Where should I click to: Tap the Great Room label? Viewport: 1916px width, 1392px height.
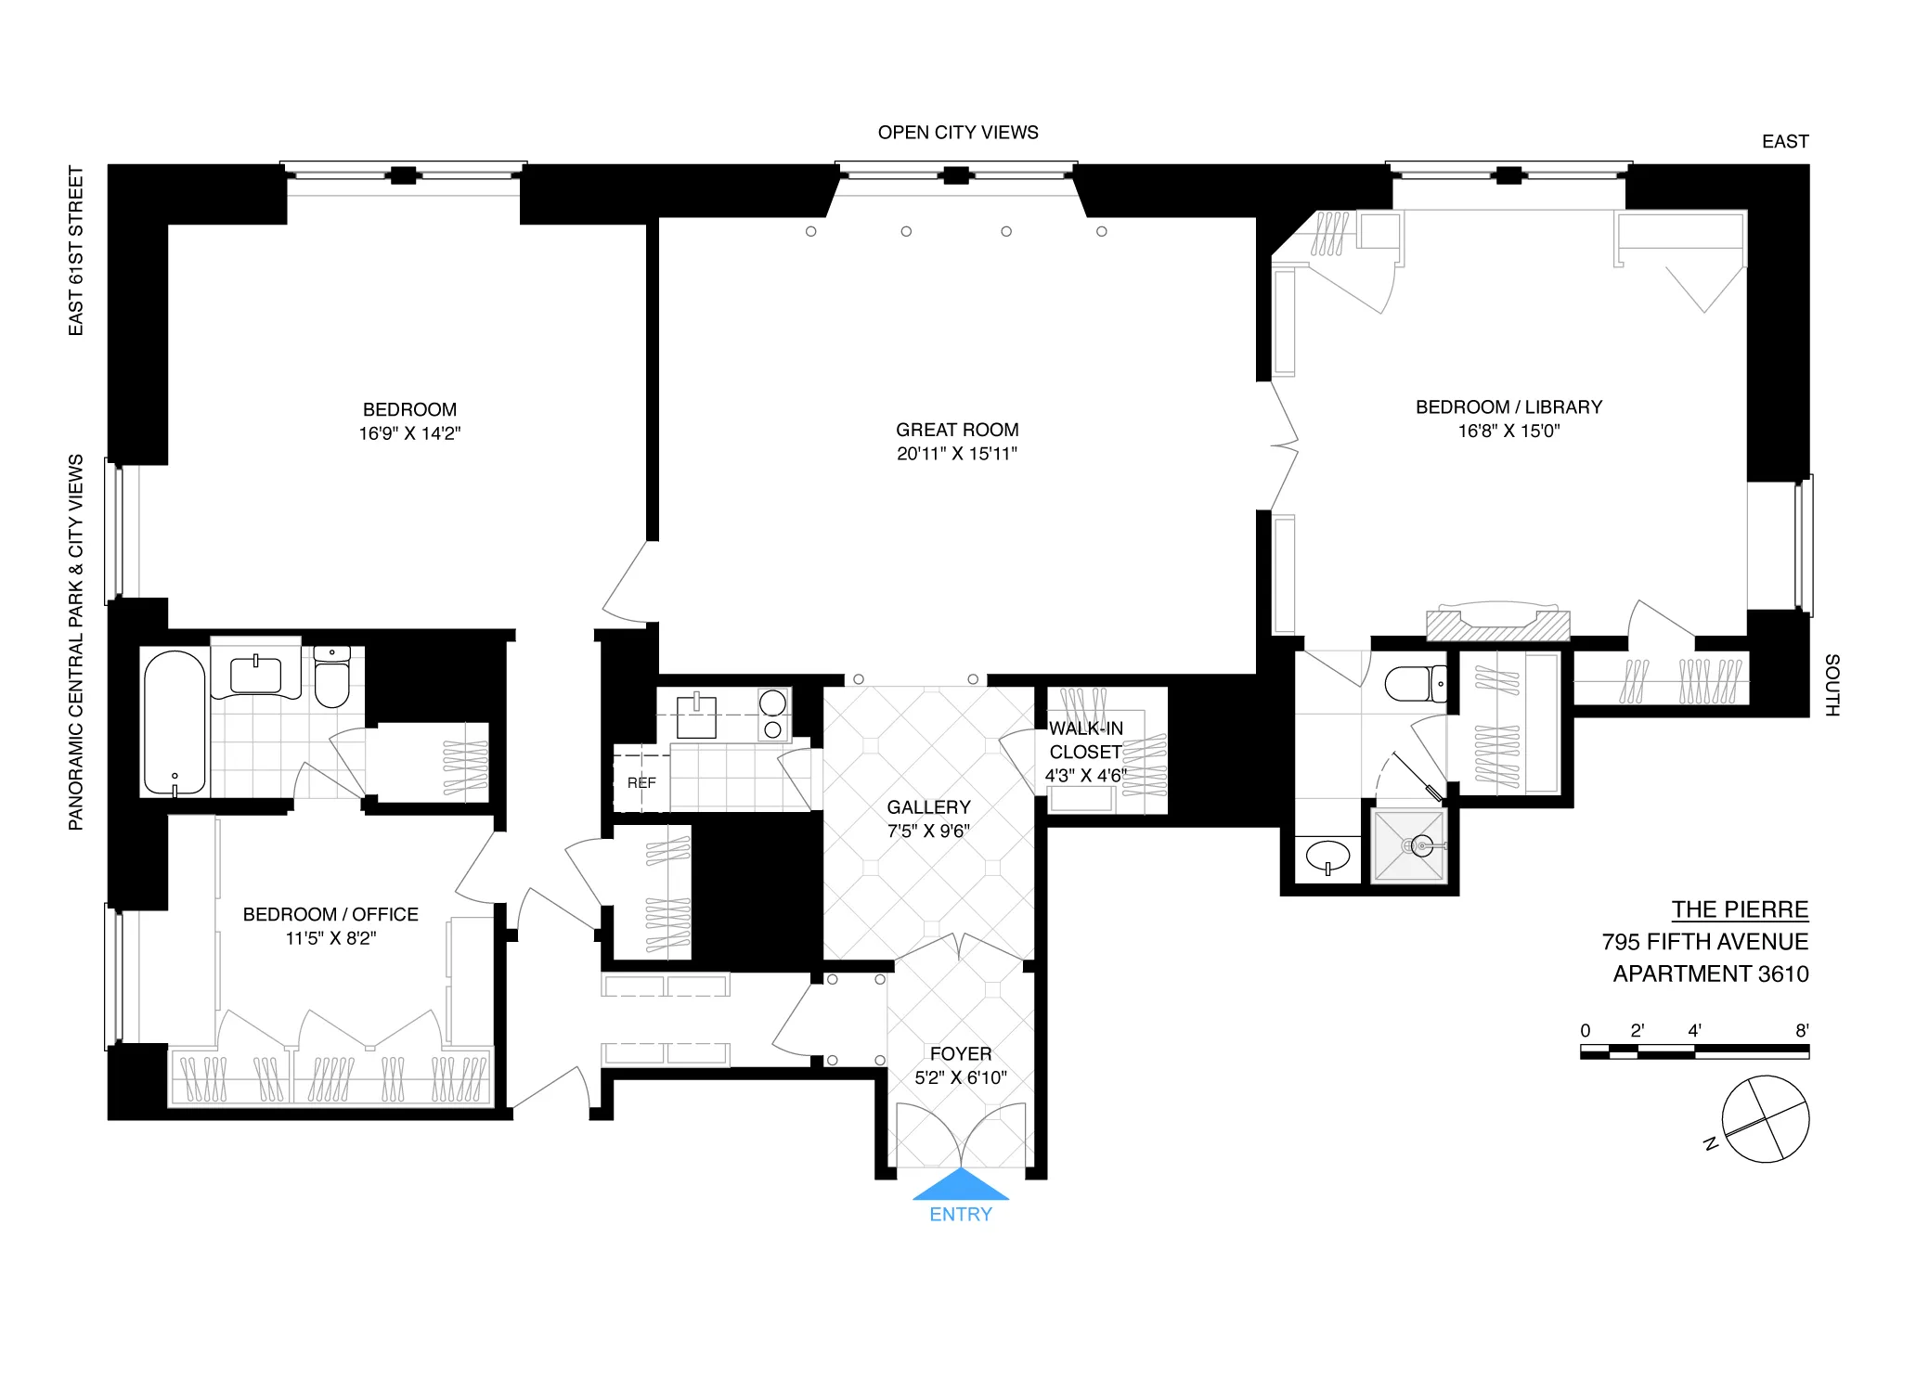tap(956, 430)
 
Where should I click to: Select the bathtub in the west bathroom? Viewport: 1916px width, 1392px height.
tap(175, 723)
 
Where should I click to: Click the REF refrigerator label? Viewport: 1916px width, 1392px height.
tap(641, 782)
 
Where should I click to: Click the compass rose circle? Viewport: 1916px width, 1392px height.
tap(1765, 1119)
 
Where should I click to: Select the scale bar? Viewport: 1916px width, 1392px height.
tap(1694, 1051)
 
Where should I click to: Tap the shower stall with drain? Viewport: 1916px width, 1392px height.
tap(1409, 845)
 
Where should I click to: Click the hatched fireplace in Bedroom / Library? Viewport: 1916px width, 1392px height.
tap(1497, 625)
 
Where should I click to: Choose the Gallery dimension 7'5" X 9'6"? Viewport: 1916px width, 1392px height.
tap(928, 831)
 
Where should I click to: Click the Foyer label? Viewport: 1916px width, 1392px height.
tap(960, 1053)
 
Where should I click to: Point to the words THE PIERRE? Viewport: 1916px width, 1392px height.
tap(1740, 909)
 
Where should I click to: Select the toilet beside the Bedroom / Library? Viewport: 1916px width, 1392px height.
tap(1414, 684)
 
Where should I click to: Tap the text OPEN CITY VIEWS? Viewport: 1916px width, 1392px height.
tap(957, 133)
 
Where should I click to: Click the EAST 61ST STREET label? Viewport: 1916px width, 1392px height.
tap(76, 251)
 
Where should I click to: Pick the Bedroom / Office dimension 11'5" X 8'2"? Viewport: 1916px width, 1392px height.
tap(330, 938)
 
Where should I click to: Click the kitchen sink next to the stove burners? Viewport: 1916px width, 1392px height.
tap(696, 716)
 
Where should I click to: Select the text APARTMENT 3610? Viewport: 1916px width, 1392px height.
tap(1710, 973)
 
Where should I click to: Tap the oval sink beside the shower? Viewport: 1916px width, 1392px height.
tap(1327, 855)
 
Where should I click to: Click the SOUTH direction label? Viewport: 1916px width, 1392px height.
tap(1832, 685)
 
